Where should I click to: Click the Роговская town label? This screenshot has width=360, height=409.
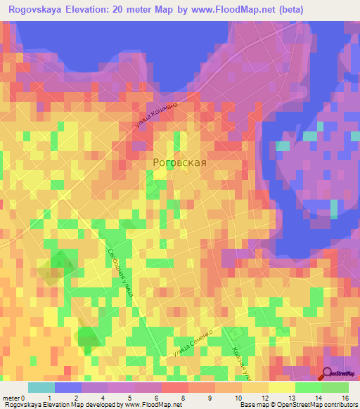click(180, 162)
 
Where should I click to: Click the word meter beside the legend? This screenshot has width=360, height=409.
click(12, 398)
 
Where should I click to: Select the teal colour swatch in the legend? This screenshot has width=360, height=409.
click(41, 387)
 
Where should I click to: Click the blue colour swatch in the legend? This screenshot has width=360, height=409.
click(67, 387)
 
